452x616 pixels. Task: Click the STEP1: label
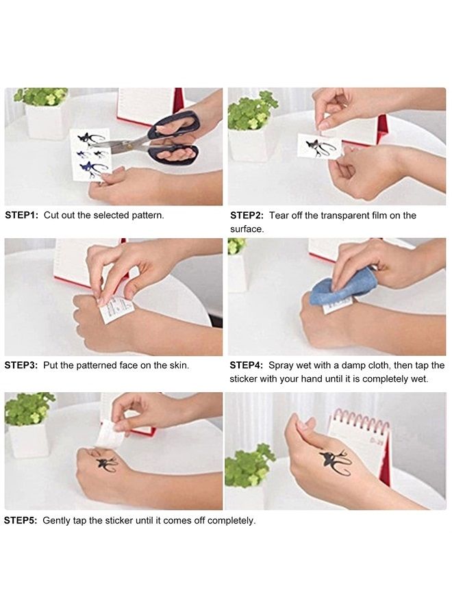22,216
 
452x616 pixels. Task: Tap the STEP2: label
247,216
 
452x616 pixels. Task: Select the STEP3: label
21,365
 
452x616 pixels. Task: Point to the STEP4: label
247,365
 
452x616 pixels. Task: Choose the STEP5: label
21,521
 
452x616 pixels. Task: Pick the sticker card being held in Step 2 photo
320,147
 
